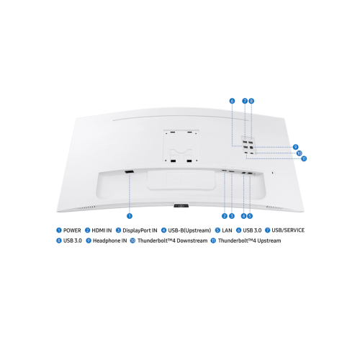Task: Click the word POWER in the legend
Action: pos(72,230)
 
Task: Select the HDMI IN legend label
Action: pos(102,230)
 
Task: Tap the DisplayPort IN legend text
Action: pos(140,230)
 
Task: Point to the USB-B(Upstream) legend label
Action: pos(189,230)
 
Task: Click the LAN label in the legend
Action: pos(227,230)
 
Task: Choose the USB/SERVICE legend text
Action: pos(288,230)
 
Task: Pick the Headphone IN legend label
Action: pos(110,240)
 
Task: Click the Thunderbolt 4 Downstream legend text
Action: pos(172,240)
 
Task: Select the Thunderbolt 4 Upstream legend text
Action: pos(249,240)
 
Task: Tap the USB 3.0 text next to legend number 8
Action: pos(73,240)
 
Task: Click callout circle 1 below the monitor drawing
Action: pos(130,216)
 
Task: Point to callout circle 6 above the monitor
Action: pos(232,101)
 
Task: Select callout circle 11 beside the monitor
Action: pos(304,158)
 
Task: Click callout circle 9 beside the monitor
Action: pos(296,147)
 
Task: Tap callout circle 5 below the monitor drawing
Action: pos(250,216)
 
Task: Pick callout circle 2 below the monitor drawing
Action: pos(225,216)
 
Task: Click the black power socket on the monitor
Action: pos(129,172)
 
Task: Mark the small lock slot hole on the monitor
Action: pos(272,173)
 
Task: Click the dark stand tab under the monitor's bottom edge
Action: pos(181,205)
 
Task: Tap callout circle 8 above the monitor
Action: pos(251,101)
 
